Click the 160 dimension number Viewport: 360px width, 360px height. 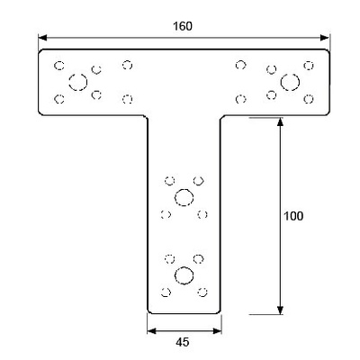pos(183,26)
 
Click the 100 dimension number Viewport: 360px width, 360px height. pos(293,216)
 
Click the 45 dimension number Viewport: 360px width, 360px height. pos(183,342)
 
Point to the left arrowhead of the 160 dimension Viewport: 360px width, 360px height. pos(42,38)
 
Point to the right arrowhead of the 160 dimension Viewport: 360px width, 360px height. pos(325,38)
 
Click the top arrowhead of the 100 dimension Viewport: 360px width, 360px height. pos(280,122)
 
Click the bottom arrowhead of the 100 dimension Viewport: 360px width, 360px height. pos(280,310)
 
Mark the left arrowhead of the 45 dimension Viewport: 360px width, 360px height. pos(152,331)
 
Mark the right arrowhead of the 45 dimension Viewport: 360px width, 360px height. pos(217,331)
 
